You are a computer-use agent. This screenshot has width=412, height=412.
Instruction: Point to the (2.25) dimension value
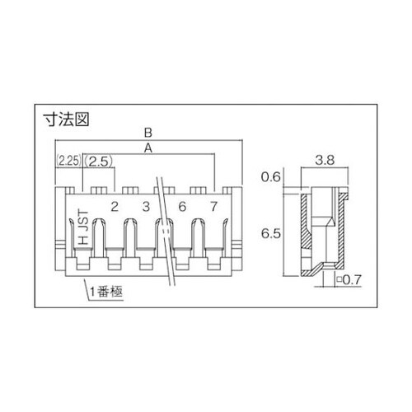(x=68, y=162)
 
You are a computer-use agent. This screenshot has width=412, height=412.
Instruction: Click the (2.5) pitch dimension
(x=100, y=162)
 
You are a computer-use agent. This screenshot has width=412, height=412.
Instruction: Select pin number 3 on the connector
(x=146, y=205)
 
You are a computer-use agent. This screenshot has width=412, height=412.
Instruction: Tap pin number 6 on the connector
(x=181, y=205)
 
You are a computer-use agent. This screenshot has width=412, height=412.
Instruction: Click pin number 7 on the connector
(x=213, y=205)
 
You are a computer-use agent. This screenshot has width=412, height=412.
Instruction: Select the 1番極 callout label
(x=105, y=292)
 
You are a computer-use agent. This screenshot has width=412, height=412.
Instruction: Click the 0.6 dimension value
(x=271, y=178)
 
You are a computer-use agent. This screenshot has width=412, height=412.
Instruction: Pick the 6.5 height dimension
(x=271, y=234)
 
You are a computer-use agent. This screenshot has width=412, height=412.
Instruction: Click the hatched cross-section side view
(x=317, y=232)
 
